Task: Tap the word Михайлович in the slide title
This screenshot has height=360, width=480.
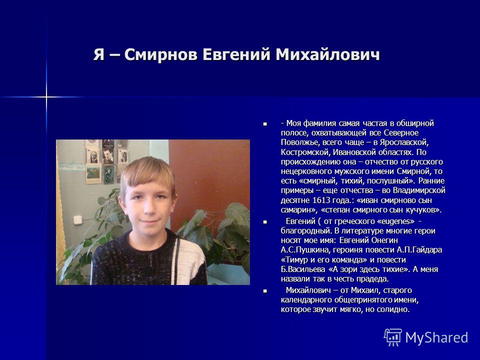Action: tap(327, 55)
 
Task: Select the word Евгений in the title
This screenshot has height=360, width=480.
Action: tap(236, 55)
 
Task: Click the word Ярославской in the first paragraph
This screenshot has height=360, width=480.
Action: tap(404, 142)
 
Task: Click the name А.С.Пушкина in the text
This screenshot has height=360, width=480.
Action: tap(305, 250)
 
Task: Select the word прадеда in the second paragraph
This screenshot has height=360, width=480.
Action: tap(373, 279)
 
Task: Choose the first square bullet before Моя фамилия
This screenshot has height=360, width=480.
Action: tap(265, 124)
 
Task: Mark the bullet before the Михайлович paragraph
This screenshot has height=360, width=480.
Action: tap(265, 291)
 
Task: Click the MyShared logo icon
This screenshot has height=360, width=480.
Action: tap(393, 337)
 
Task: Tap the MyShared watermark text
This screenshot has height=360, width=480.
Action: tap(436, 337)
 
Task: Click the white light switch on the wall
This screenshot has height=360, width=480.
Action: tap(78, 220)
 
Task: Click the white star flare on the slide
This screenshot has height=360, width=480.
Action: tap(46, 97)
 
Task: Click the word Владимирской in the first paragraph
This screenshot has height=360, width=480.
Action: tap(419, 190)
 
